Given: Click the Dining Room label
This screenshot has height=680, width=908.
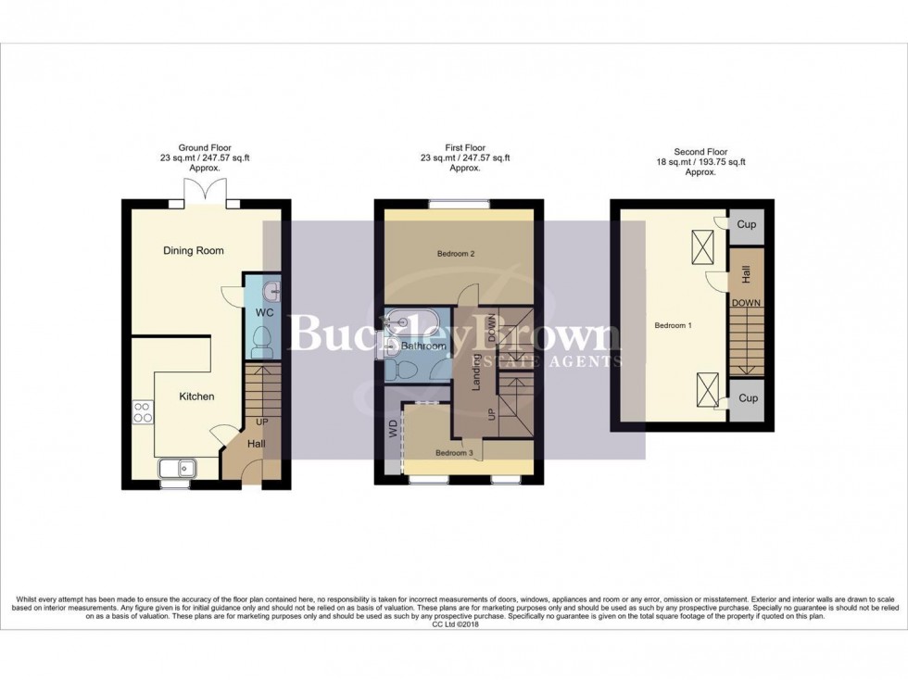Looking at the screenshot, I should pyautogui.click(x=193, y=250).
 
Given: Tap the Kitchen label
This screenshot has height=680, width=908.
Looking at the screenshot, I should pyautogui.click(x=195, y=397).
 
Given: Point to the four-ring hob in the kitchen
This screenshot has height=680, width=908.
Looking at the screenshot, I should pyautogui.click(x=143, y=411).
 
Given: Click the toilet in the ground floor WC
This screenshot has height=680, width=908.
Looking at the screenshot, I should pyautogui.click(x=262, y=341).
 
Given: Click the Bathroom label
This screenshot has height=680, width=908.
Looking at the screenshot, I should pyautogui.click(x=423, y=346).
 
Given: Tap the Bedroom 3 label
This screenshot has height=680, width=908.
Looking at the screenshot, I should pyautogui.click(x=455, y=453).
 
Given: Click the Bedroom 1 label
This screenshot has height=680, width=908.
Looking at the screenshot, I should pyautogui.click(x=673, y=326).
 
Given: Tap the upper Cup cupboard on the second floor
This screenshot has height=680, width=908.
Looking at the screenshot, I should pyautogui.click(x=748, y=224).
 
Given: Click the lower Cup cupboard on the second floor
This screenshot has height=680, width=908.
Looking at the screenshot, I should pyautogui.click(x=748, y=398).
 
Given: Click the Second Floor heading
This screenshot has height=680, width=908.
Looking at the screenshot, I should pyautogui.click(x=702, y=152).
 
